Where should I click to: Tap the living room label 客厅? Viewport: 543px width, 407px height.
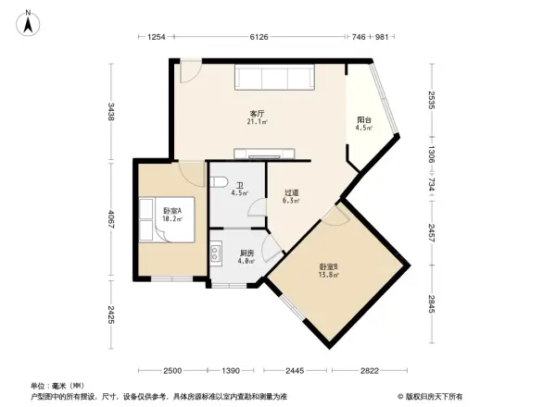(257, 113)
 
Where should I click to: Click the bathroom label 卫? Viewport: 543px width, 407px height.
(239, 185)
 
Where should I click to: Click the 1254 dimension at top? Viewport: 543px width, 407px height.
(156, 37)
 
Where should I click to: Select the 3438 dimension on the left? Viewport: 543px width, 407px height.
(110, 113)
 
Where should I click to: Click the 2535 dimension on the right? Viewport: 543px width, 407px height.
(431, 99)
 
